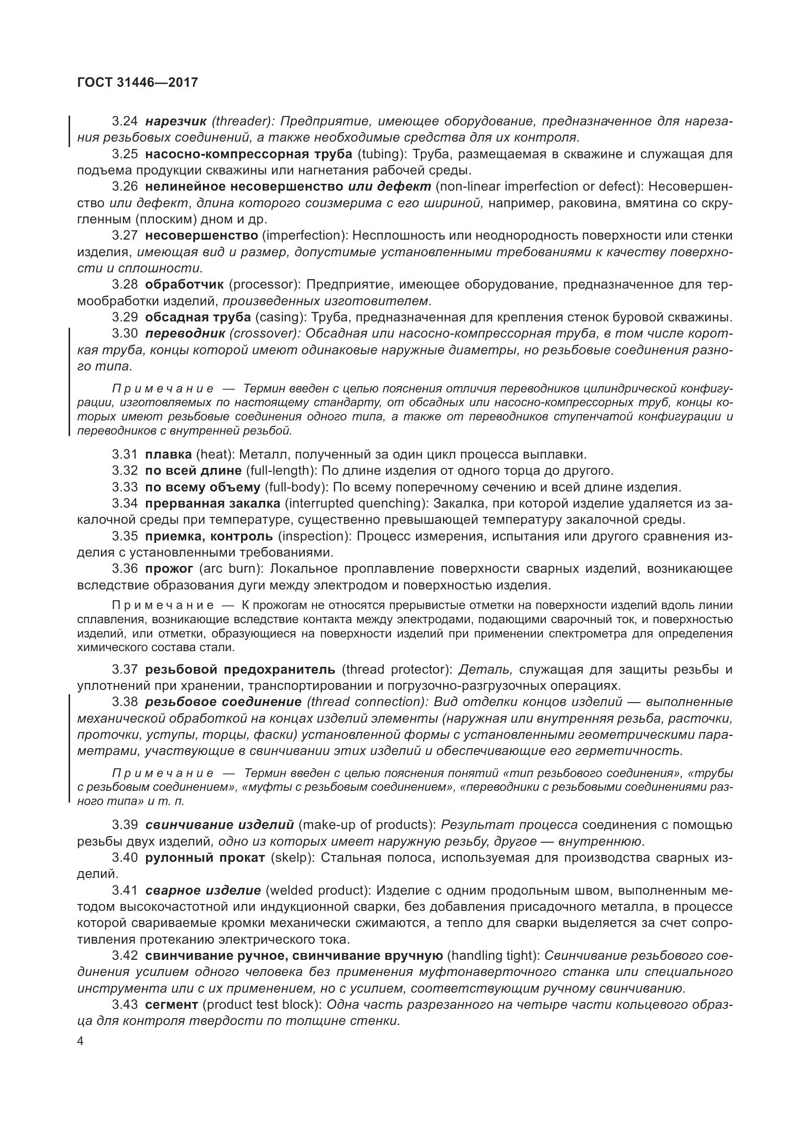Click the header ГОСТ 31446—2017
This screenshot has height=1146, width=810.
(x=138, y=82)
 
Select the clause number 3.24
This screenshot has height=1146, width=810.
(x=125, y=122)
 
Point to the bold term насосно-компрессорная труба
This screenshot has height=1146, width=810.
(x=248, y=154)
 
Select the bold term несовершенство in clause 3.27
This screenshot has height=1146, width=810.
(x=201, y=235)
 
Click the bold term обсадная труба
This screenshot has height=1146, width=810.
(x=197, y=317)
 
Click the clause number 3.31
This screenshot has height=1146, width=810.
(x=125, y=454)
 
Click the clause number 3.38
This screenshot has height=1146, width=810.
(x=125, y=702)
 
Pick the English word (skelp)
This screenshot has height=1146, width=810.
(x=291, y=857)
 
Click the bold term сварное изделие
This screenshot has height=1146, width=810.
(x=203, y=890)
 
